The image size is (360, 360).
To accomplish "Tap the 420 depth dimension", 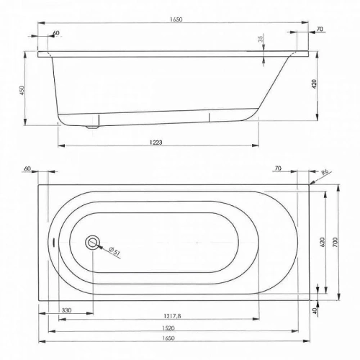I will click(315, 84).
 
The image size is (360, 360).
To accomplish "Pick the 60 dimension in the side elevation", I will click(56, 32).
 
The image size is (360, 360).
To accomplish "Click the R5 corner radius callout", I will click(325, 172).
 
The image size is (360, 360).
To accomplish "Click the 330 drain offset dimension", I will click(66, 310).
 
